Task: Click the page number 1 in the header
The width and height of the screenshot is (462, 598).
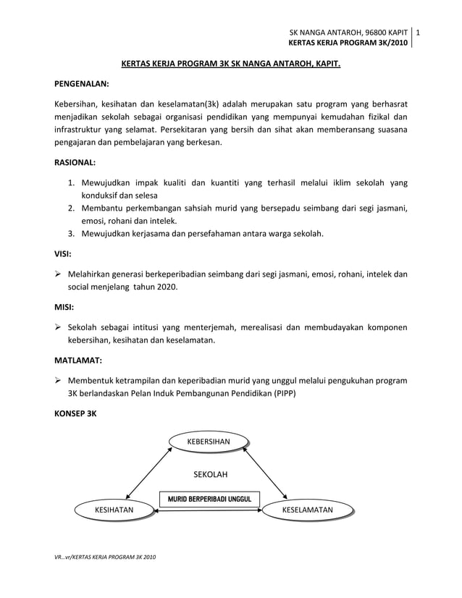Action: click(419, 33)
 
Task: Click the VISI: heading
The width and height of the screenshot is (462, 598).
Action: click(63, 254)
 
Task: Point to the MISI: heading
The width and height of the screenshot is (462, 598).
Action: click(64, 307)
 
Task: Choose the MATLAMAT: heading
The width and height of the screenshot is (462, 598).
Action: click(78, 360)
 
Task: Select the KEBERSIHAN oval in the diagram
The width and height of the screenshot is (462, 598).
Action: click(209, 441)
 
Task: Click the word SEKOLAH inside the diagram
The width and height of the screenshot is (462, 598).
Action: click(210, 474)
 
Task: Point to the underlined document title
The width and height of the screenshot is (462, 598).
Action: click(230, 64)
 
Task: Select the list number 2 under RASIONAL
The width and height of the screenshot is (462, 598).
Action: click(72, 209)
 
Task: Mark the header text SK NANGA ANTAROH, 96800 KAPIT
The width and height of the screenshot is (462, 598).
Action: click(348, 33)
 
